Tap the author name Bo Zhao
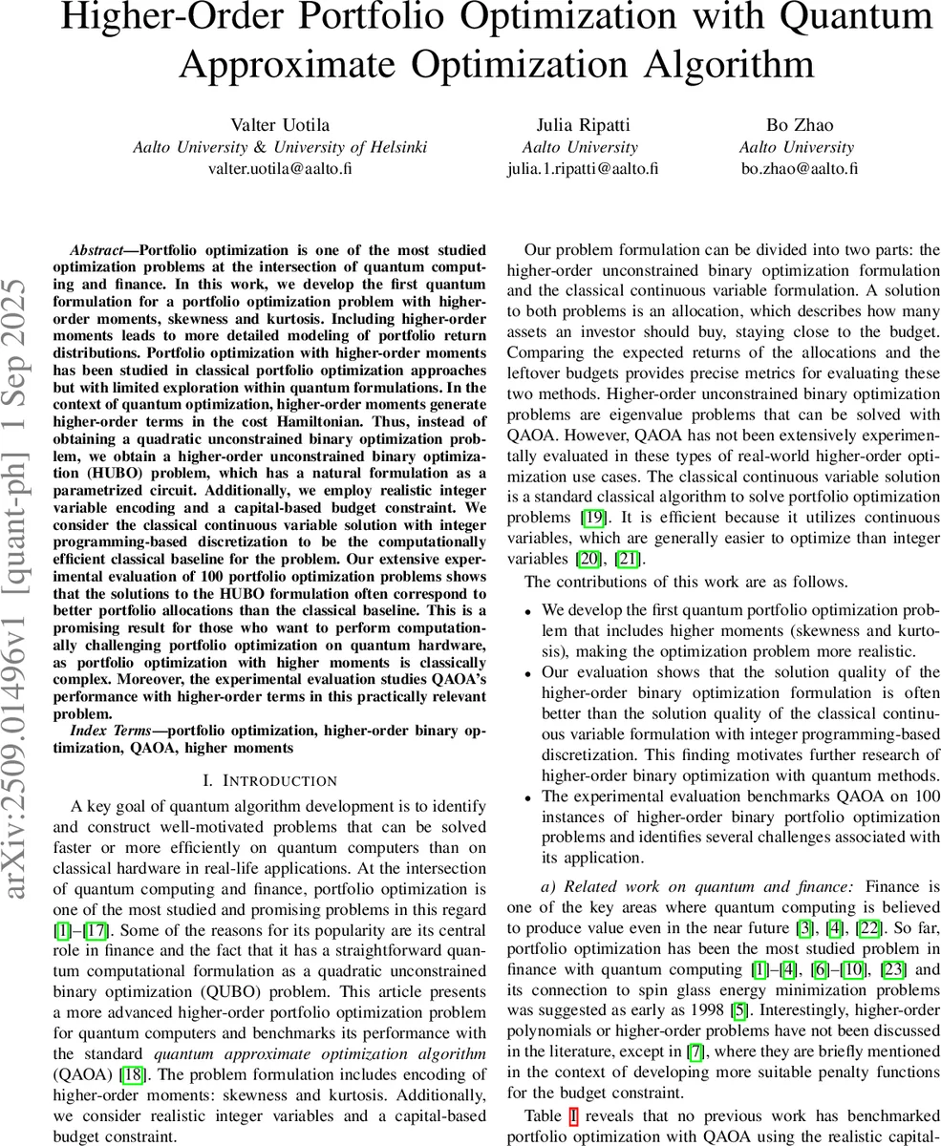799,125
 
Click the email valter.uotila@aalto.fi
280,169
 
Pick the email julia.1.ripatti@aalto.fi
582,169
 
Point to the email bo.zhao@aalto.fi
799,169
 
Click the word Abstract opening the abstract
102,250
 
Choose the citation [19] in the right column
593,518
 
